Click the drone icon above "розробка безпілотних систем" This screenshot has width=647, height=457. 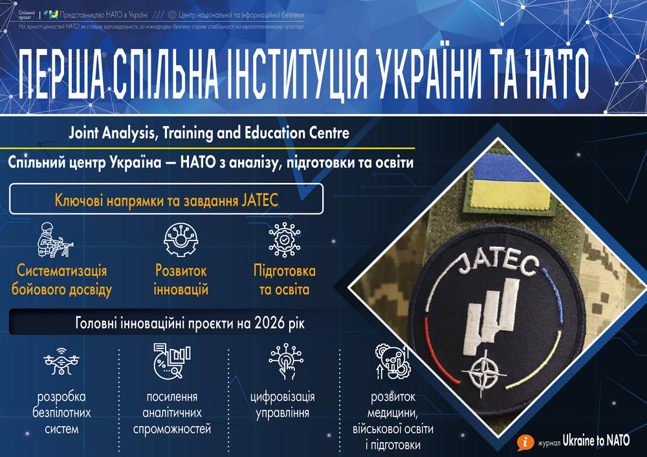(x=61, y=361)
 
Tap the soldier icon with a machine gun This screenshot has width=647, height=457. (x=55, y=240)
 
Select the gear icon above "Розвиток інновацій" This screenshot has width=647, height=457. (x=181, y=240)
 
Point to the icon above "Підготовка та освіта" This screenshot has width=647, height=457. (x=284, y=240)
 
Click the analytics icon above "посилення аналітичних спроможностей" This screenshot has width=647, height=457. (x=171, y=361)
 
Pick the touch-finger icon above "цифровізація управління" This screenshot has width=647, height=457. (x=286, y=361)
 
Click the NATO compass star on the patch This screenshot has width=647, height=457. (x=483, y=374)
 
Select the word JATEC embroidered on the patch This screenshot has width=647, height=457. (x=498, y=264)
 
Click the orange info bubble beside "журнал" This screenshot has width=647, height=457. (x=525, y=443)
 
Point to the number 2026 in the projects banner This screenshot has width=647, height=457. (x=269, y=323)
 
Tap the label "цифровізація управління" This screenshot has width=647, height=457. (x=283, y=405)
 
